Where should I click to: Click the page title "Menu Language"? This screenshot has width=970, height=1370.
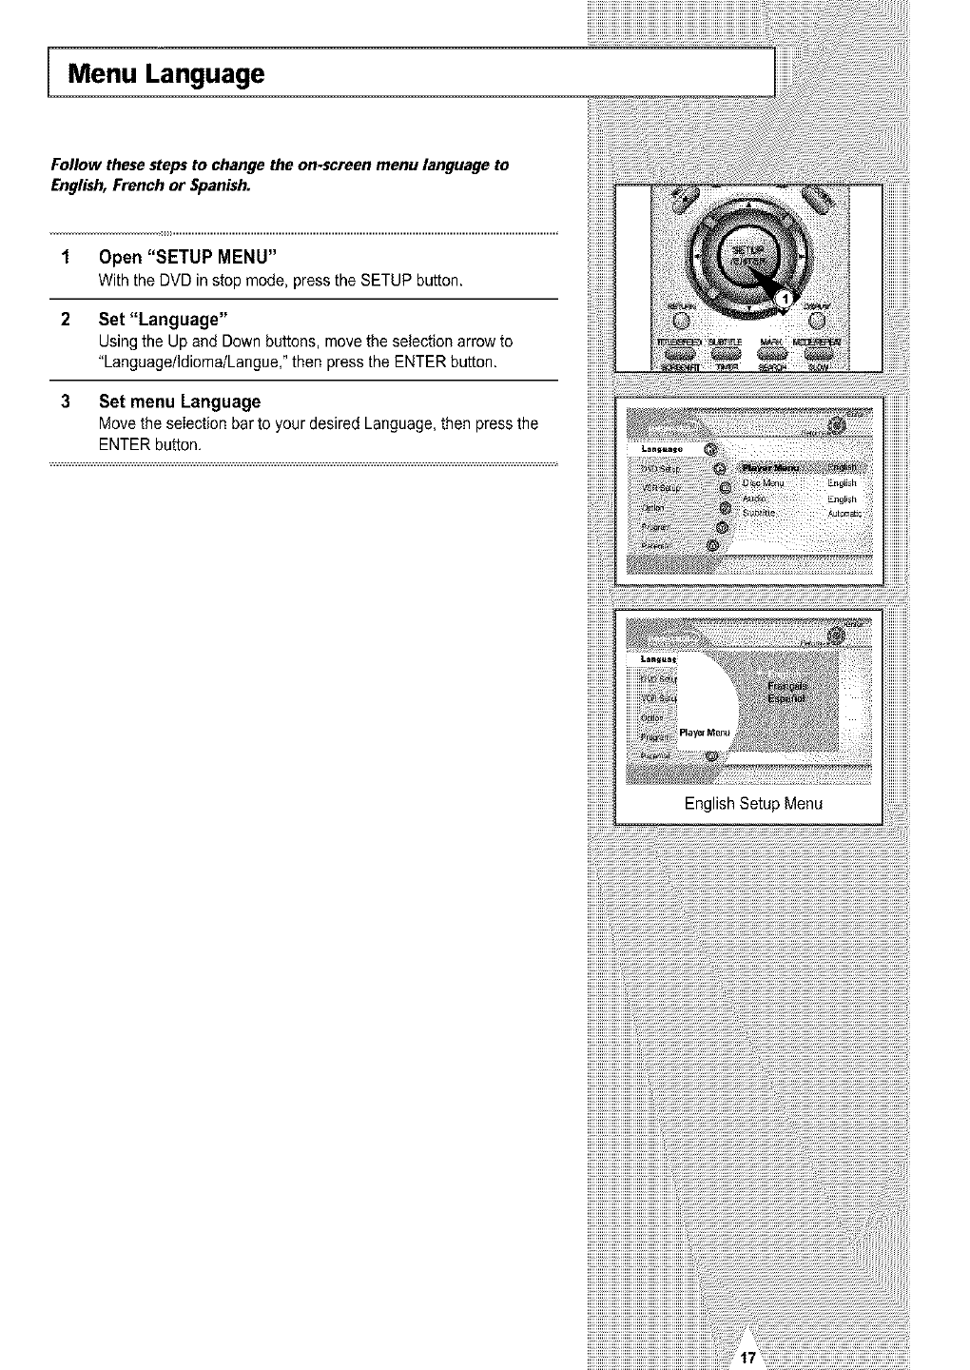[x=165, y=74]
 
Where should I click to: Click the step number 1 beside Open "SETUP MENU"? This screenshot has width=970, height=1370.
[x=65, y=258]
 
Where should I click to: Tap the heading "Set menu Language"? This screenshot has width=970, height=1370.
[x=179, y=401]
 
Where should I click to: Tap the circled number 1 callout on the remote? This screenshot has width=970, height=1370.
[x=783, y=298]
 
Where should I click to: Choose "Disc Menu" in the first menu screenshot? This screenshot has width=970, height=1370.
[x=763, y=483]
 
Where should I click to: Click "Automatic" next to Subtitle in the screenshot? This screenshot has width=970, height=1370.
[x=844, y=514]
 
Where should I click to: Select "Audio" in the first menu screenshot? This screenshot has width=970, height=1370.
[x=755, y=499]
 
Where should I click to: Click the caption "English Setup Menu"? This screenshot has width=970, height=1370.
[x=753, y=804]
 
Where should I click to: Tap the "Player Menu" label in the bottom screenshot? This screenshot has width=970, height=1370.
[x=704, y=733]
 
